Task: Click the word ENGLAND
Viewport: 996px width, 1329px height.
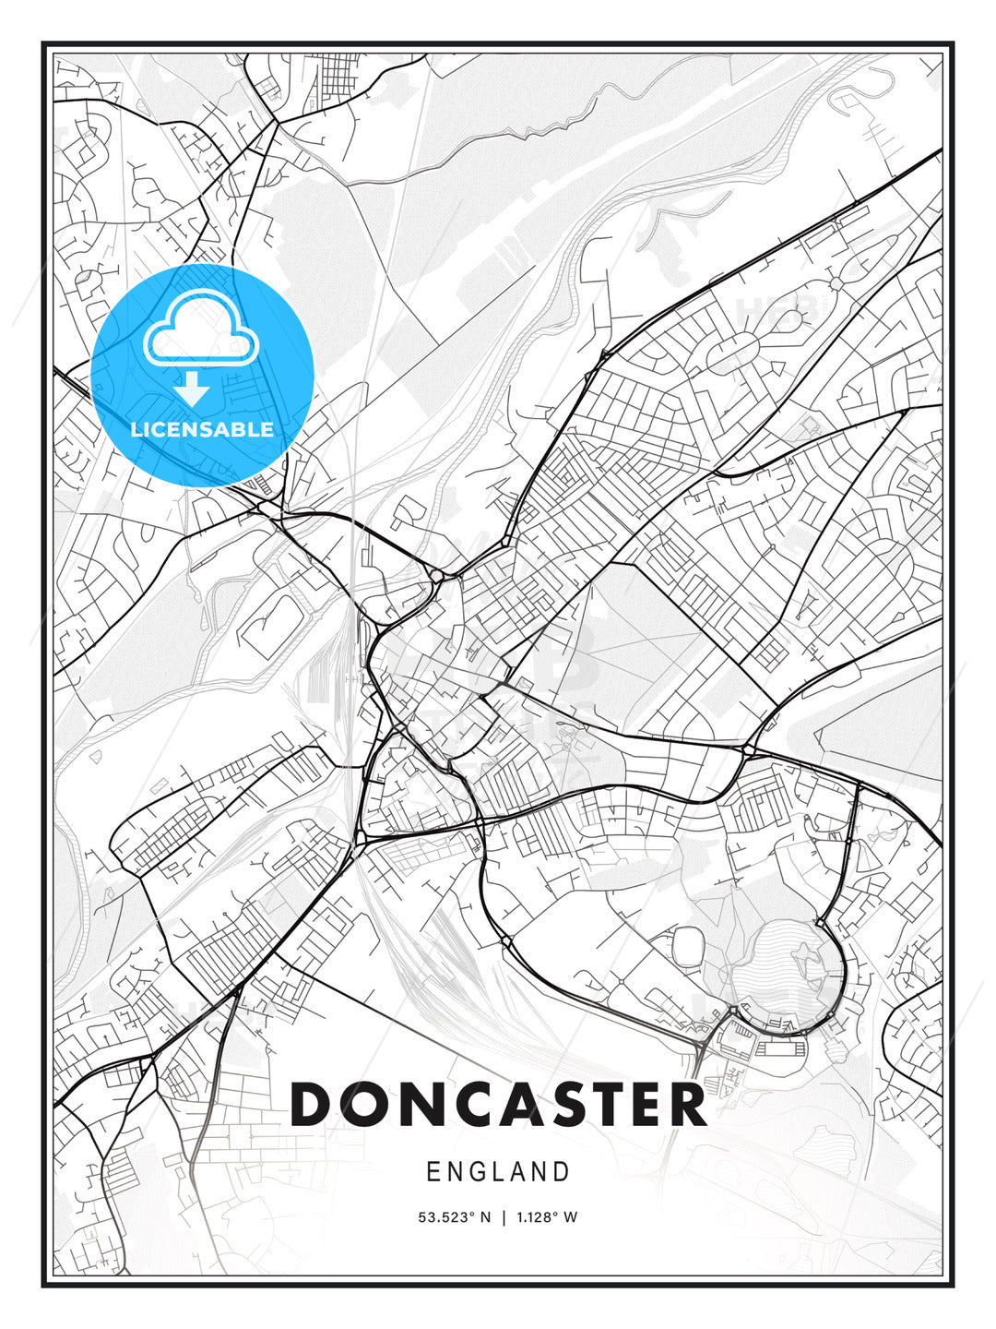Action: click(498, 1172)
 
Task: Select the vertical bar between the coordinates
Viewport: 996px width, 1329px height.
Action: click(504, 1217)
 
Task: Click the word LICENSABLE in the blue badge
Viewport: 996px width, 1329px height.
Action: click(202, 429)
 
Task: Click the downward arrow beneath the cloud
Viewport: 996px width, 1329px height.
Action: click(192, 389)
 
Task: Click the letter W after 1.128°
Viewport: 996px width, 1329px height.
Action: click(571, 1217)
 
